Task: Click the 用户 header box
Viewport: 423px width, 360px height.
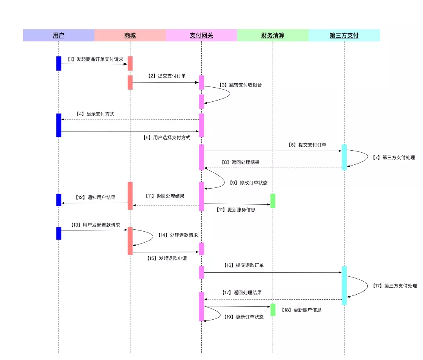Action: [59, 35]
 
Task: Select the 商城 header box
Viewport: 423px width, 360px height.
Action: [130, 35]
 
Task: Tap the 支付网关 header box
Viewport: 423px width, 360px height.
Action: [201, 35]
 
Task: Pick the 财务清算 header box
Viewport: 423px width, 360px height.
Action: [273, 35]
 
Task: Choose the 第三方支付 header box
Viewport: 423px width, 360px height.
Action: [344, 35]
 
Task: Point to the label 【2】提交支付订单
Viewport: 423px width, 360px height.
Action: [167, 76]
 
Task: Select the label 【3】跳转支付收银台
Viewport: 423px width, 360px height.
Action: [240, 85]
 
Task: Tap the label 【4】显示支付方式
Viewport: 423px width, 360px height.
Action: [95, 114]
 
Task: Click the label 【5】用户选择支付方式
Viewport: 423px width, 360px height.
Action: [166, 138]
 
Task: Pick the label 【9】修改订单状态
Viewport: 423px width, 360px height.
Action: [248, 183]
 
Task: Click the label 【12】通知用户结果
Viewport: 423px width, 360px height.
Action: [96, 197]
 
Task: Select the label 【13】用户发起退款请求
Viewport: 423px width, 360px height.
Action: [95, 225]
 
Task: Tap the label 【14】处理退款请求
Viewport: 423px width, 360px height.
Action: [178, 235]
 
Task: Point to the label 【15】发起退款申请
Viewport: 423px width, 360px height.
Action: [167, 258]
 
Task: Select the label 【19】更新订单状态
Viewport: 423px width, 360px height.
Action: [244, 317]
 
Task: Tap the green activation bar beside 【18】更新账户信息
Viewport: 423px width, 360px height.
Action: [273, 310]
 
